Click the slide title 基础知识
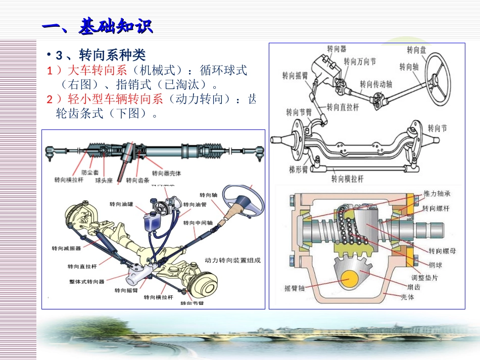(97, 26)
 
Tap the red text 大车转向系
(93, 70)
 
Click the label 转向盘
(416, 50)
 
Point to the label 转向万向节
(360, 62)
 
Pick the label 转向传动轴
(376, 84)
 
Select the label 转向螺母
(442, 250)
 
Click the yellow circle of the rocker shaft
(354, 278)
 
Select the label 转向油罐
(121, 204)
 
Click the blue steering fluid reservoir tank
(151, 222)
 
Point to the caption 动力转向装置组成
(232, 261)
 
